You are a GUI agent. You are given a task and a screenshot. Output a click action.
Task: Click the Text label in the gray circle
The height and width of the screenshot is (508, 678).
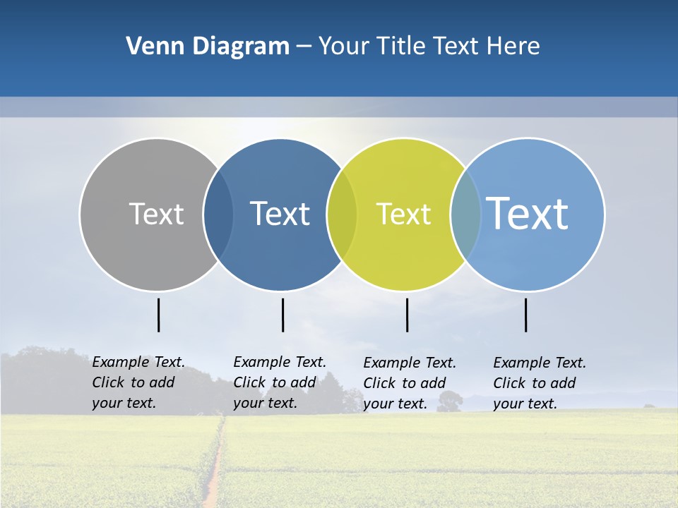click(156, 214)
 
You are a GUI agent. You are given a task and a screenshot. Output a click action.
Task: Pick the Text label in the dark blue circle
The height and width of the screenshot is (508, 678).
click(280, 214)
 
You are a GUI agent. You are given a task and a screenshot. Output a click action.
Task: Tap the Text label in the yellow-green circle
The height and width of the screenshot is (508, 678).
click(403, 214)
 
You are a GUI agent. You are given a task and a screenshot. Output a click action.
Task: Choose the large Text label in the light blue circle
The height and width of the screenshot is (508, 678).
click(528, 213)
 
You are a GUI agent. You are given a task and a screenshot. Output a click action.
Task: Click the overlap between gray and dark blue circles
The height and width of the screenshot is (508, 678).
click(219, 214)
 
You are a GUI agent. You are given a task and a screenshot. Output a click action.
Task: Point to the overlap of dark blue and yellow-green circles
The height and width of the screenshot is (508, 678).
click(343, 214)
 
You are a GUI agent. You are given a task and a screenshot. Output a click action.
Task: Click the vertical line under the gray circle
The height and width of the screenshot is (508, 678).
click(159, 315)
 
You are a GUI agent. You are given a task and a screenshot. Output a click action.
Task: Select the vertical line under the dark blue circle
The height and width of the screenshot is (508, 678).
click(282, 315)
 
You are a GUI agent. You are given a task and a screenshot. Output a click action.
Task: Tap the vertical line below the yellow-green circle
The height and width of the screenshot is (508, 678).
click(408, 315)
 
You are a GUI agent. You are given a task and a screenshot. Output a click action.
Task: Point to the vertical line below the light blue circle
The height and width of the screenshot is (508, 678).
click(526, 315)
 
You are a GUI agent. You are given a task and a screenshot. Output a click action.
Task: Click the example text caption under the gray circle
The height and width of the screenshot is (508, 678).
click(138, 382)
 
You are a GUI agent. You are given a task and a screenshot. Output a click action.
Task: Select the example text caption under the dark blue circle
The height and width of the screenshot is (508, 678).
click(279, 382)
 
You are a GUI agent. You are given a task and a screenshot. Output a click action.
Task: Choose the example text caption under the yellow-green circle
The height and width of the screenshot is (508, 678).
click(409, 383)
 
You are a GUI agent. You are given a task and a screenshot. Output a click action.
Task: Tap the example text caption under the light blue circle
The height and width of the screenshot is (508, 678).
click(539, 383)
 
